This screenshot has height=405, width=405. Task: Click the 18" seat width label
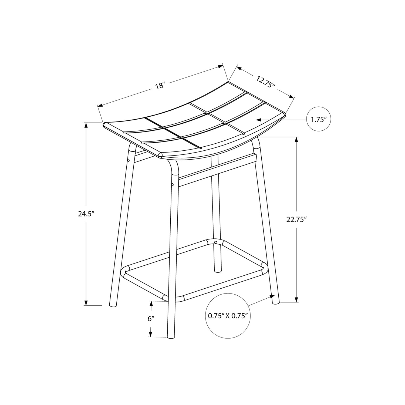(160, 86)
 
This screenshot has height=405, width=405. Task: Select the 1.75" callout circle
(319, 120)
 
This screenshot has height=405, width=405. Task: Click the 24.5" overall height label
(86, 214)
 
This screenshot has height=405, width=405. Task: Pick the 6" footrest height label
(151, 319)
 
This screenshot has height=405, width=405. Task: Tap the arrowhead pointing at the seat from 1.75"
(259, 120)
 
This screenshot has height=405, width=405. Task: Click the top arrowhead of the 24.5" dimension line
(86, 125)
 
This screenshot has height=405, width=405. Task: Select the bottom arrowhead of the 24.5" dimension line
(86, 303)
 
